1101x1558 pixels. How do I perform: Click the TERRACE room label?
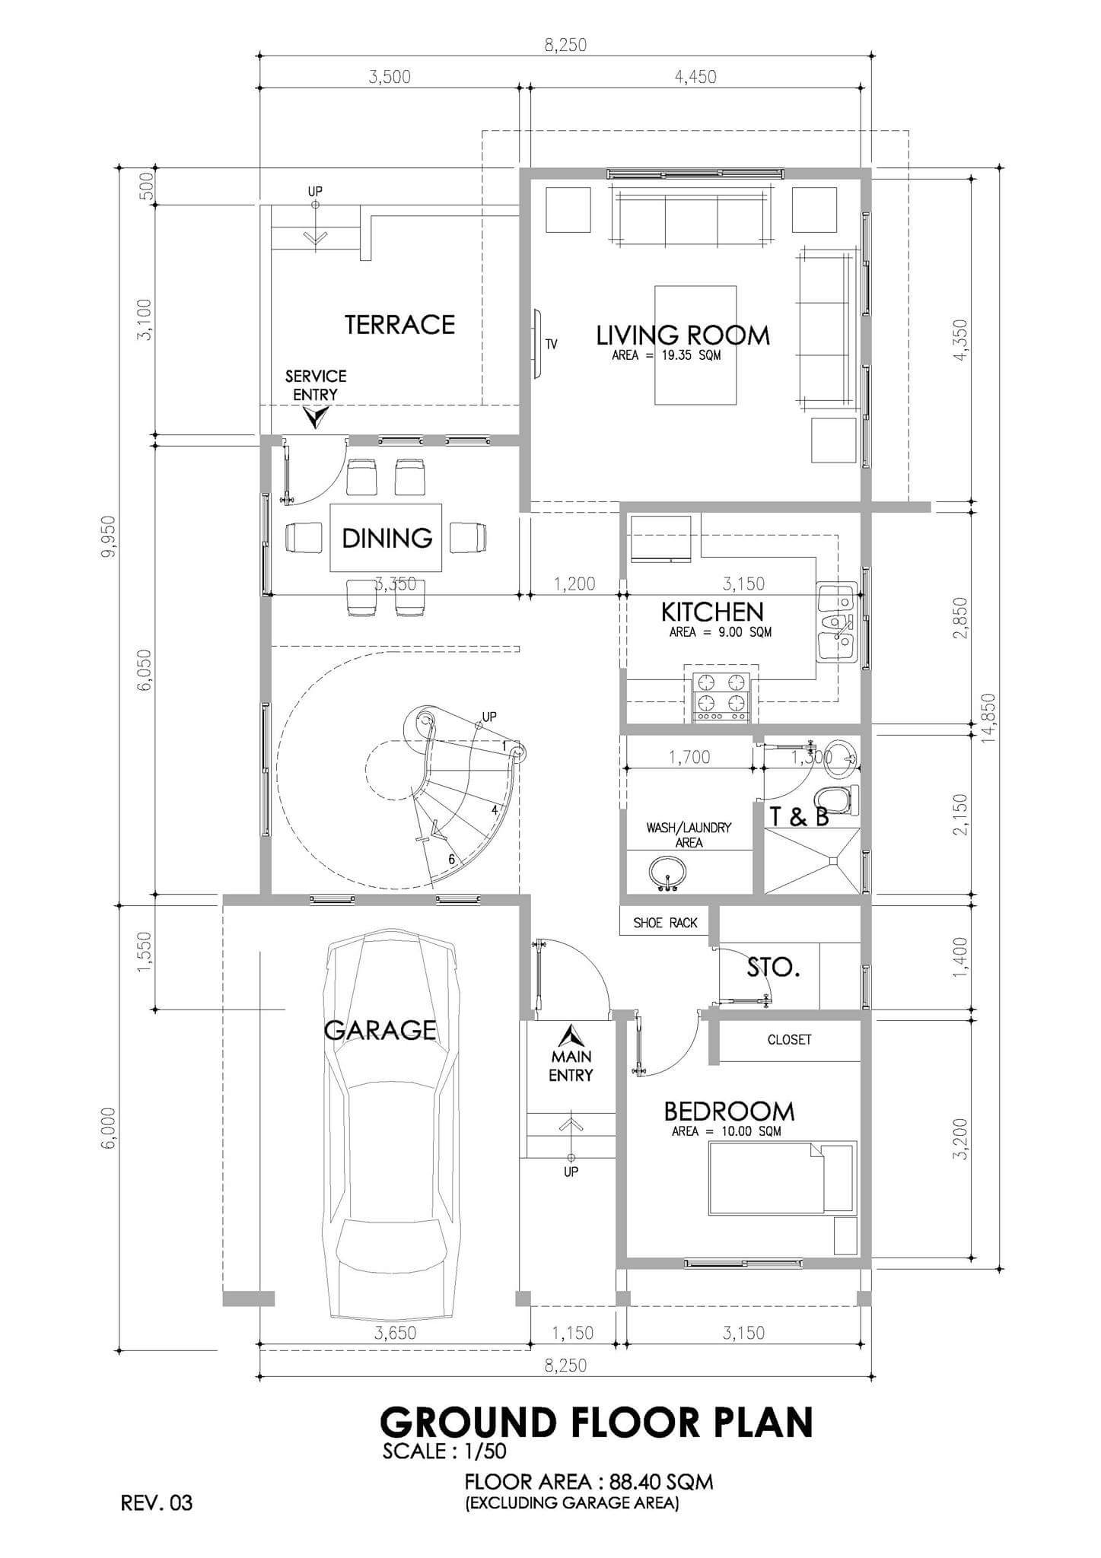399,325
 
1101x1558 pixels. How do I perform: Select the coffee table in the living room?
695,345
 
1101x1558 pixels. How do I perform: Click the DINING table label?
387,538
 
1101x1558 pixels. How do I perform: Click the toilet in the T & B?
835,800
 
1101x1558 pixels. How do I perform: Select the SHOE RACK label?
665,923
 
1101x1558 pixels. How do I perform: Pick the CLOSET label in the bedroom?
789,1039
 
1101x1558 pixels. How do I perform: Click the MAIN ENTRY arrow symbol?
570,1036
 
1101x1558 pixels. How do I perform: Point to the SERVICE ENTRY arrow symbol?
314,417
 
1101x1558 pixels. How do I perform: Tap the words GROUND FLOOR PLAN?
596,1422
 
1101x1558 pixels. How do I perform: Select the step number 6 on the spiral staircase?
452,859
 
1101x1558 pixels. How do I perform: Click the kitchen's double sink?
836,622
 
